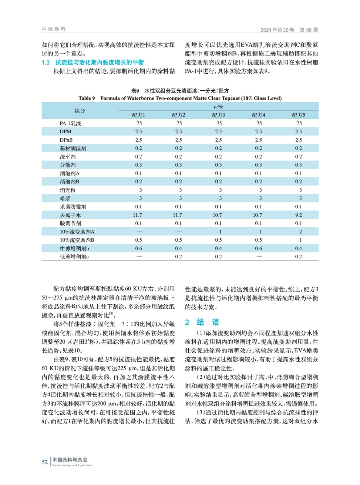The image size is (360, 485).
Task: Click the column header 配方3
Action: (218, 115)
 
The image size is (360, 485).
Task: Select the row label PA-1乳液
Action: (70, 123)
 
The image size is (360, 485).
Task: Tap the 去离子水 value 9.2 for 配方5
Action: (298, 215)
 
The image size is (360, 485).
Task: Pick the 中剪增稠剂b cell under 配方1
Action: (139, 248)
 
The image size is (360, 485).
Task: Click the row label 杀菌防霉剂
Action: (73, 207)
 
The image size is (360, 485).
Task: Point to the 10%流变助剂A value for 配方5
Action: (300, 232)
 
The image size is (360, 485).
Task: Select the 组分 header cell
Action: (80, 111)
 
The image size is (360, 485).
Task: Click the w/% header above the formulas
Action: (218, 107)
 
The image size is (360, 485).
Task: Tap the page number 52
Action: (45, 462)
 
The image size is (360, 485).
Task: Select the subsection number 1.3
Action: (46, 63)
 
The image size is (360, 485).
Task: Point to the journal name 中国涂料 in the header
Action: (54, 29)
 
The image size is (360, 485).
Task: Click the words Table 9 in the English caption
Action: (86, 98)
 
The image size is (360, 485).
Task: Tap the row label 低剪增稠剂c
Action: (74, 257)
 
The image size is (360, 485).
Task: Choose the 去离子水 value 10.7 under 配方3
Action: (217, 215)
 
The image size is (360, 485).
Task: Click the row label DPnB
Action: (66, 140)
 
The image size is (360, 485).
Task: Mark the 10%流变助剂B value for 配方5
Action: (300, 240)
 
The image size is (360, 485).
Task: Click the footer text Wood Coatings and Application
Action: (72, 465)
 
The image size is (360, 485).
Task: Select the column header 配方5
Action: (298, 115)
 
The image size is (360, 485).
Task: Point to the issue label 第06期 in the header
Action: (309, 30)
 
